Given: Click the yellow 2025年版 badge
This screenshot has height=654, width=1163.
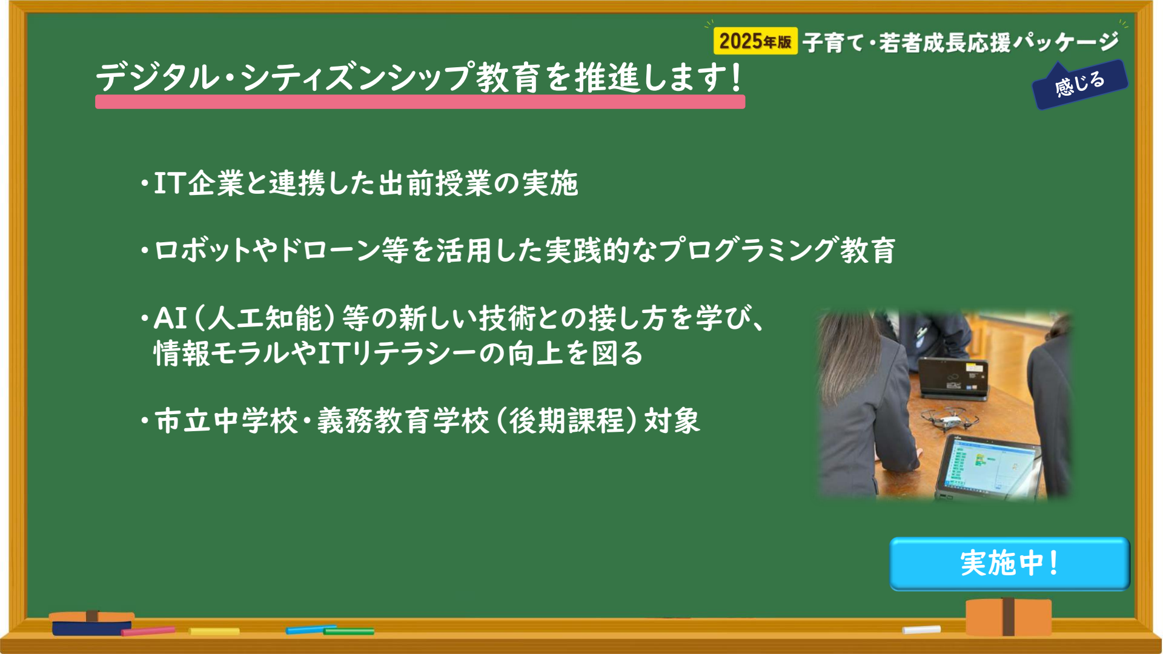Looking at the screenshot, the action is [755, 41].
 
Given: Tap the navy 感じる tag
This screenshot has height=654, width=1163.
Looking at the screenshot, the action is [1080, 85].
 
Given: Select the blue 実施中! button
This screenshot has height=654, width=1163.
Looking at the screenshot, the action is [1010, 563].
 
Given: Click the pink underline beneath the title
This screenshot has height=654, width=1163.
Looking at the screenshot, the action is [420, 102].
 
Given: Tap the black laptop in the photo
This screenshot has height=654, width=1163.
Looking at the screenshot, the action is [953, 378].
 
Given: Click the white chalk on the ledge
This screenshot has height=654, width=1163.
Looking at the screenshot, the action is [921, 630].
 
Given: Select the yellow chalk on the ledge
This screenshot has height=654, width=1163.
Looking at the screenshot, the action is [214, 632].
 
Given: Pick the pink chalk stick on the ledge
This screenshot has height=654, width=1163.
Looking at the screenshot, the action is [148, 631].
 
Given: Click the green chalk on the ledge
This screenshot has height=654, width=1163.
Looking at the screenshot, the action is [349, 632].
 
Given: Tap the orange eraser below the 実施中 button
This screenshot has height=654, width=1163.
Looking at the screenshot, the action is [1009, 616].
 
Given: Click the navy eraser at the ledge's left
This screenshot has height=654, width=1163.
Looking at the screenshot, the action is [91, 623].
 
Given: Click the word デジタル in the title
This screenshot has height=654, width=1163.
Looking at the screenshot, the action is [157, 78].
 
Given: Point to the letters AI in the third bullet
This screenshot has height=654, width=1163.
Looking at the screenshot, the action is [170, 318].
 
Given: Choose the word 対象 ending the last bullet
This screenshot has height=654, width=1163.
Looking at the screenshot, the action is [672, 420].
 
